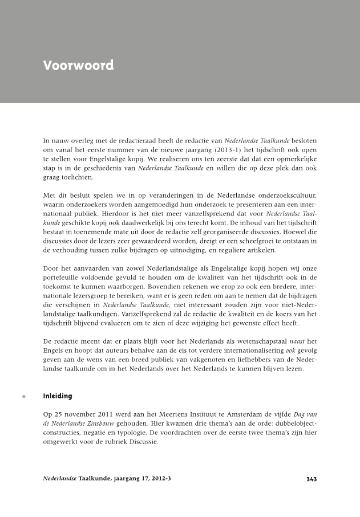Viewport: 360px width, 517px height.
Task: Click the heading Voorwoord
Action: (x=78, y=65)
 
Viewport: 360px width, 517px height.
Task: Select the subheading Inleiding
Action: (x=58, y=396)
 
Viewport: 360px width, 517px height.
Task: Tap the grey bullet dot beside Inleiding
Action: (x=23, y=396)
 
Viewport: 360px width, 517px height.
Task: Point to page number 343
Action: (x=311, y=479)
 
